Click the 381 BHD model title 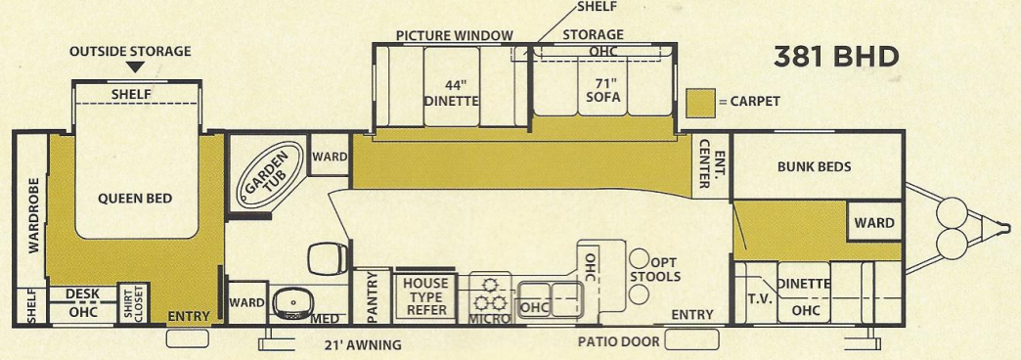coord(835,57)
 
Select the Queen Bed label coord(135,199)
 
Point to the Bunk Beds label coord(814,166)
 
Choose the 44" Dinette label coord(451,92)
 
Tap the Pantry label coord(373,297)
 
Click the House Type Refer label coord(425,296)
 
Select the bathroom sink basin coord(289,302)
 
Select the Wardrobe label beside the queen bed coord(32,215)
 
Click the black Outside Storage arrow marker coord(136,67)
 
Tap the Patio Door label coord(617,343)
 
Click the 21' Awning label coord(363,344)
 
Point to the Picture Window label coord(454,35)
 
